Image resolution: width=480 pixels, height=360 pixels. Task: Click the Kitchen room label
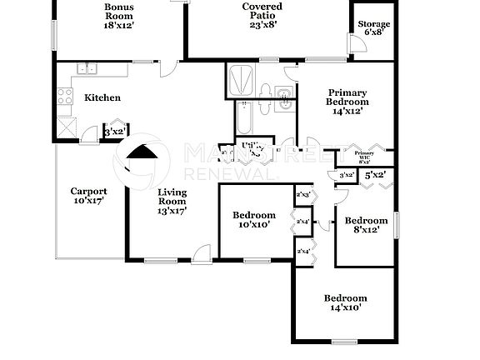(102, 97)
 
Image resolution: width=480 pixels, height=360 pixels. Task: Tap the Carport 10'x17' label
(88, 196)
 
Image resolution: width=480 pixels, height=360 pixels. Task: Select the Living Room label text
(172, 201)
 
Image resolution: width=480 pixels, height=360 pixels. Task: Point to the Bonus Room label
(118, 16)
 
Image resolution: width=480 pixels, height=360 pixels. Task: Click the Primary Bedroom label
(347, 101)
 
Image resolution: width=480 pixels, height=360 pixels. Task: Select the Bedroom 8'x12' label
(367, 225)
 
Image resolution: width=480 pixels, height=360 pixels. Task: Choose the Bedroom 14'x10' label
(345, 302)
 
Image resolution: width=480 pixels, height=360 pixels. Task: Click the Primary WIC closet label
(364, 157)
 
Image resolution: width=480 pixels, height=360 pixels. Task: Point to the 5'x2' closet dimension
(375, 175)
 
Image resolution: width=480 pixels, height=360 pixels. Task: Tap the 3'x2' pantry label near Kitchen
(114, 131)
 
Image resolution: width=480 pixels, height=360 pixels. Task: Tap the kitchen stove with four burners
(65, 97)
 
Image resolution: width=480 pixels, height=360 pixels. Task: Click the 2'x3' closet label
(303, 195)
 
